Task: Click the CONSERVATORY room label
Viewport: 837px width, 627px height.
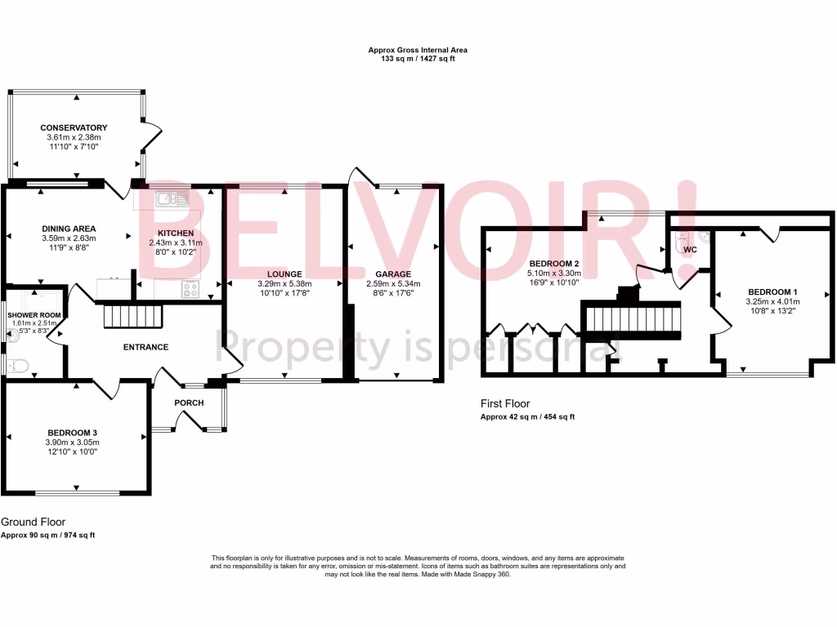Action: pos(74,128)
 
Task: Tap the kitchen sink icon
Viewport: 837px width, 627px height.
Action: pos(172,197)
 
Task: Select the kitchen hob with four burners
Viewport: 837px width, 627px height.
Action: pos(190,288)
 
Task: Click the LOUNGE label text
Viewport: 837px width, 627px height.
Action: pos(284,274)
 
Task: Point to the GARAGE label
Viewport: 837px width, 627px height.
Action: pos(393,274)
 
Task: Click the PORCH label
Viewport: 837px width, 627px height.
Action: pos(189,402)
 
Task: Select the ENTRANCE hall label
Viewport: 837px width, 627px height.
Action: pos(145,347)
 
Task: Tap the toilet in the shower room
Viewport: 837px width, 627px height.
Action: pos(11,363)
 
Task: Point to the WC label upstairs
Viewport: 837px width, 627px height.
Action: pos(690,249)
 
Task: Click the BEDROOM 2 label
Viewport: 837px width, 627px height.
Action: pos(553,264)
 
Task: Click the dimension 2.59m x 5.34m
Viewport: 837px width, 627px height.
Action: pos(393,284)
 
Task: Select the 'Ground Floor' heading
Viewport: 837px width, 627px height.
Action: pos(34,522)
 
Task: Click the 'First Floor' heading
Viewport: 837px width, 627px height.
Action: pos(505,403)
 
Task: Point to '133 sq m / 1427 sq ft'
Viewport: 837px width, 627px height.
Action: pos(418,60)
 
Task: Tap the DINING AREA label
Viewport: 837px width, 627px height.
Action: pos(69,229)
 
